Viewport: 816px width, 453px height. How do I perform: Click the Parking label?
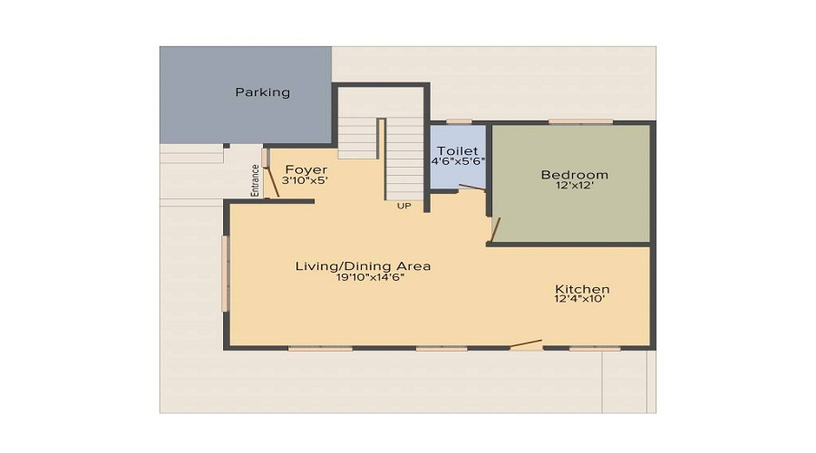263,92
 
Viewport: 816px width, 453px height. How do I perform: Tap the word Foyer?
306,169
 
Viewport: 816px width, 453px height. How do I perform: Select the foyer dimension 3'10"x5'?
305,181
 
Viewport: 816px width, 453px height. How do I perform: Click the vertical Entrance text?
255,179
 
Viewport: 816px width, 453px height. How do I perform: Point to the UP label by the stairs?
404,206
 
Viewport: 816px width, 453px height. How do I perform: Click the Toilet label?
458,150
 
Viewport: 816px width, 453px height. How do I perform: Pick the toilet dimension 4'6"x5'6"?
458,161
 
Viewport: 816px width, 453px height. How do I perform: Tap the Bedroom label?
574,175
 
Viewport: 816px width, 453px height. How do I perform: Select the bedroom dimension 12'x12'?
574,187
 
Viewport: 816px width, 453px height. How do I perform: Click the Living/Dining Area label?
363,265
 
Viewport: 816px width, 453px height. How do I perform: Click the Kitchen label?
582,289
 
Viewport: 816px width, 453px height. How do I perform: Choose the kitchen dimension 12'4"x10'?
582,300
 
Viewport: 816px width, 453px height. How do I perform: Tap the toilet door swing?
471,188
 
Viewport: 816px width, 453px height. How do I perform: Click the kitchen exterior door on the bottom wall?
526,344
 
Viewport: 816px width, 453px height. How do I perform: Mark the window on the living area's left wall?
226,274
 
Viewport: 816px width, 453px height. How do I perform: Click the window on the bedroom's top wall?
580,121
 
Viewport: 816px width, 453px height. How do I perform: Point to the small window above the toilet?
459,121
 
